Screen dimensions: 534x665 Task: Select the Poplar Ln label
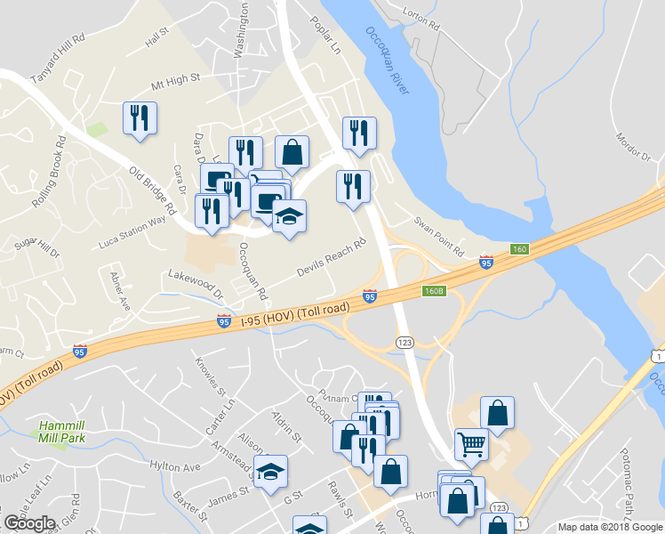point(324,36)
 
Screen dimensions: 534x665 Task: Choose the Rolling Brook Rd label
point(48,172)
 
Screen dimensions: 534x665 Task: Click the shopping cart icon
point(471,442)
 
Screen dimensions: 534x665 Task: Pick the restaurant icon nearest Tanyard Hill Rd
point(140,118)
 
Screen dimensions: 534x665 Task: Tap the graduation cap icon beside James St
point(271,471)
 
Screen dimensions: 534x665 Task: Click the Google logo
point(29,523)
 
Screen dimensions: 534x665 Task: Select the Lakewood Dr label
point(193,284)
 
